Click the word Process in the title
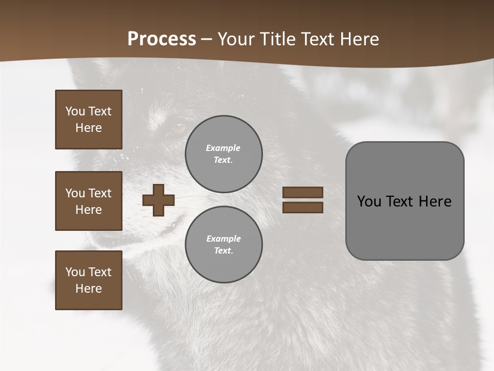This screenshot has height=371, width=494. coord(162,39)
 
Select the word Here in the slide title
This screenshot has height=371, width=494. coord(357,39)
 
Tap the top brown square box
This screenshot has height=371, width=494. coord(89,120)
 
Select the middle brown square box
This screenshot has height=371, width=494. coord(89,201)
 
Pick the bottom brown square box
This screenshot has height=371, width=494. coord(89,280)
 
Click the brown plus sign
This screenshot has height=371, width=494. coord(158,200)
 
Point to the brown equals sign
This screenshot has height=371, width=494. coord(303,200)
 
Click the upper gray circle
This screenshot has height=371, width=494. coord(224,154)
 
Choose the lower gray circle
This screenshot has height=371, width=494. coord(224,245)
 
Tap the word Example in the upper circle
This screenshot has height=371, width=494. coord(223,148)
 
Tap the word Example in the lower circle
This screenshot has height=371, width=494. coord(223,239)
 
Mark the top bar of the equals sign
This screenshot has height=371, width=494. coord(303,193)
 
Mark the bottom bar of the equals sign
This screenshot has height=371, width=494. coord(303,208)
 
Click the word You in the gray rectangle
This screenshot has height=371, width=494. coord(369,201)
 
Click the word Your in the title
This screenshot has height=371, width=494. coord(238,39)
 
